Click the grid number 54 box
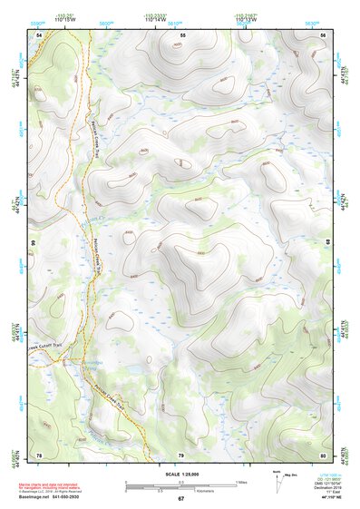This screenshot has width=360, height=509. [39, 34]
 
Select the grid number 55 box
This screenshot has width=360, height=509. [182, 34]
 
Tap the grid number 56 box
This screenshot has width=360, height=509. [323, 34]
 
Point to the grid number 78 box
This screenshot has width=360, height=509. [39, 454]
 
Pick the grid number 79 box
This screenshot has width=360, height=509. [180, 454]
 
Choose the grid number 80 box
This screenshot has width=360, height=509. [323, 454]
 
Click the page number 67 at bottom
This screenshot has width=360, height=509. [180, 499]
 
